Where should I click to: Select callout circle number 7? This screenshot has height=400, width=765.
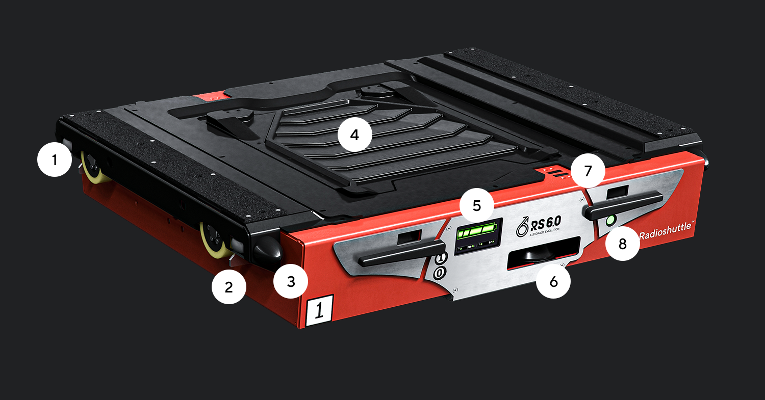point(588,171)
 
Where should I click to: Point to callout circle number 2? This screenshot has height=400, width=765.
point(229,287)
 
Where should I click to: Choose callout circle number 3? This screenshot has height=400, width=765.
point(291,281)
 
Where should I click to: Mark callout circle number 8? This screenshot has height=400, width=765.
point(622,244)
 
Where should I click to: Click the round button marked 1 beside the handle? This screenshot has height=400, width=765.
point(440,258)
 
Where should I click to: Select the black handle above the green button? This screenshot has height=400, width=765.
point(625,206)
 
